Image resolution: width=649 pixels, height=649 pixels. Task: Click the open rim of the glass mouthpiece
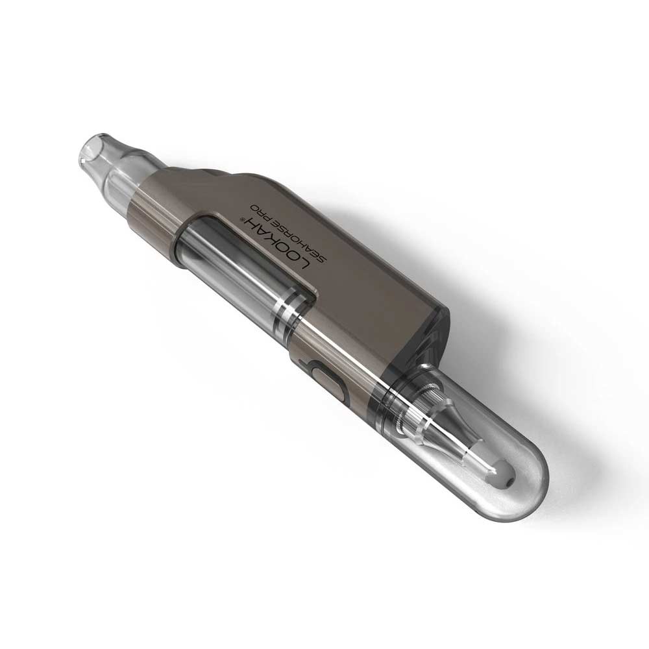(91, 147)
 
